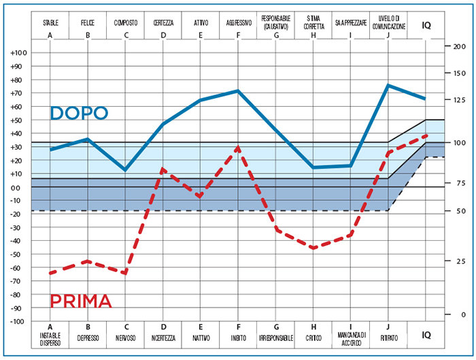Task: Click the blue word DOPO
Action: (79, 113)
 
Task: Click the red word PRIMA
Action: (81, 301)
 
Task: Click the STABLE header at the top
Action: (50, 22)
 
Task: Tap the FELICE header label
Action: (88, 22)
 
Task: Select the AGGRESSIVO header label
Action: (239, 22)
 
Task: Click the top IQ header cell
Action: (426, 26)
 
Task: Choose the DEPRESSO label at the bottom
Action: (88, 338)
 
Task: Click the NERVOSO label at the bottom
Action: (125, 338)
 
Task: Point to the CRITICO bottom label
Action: (313, 338)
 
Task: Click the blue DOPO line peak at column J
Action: (388, 85)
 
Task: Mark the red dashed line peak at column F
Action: (238, 147)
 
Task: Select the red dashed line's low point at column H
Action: (313, 248)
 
